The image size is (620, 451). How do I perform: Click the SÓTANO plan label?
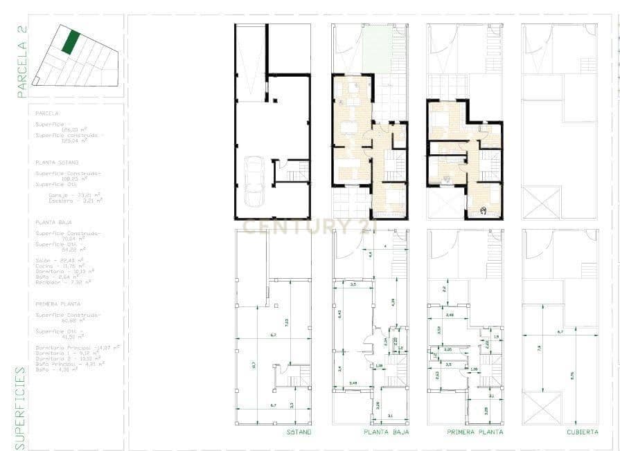(299, 432)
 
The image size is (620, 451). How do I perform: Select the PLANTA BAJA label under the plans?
(387, 432)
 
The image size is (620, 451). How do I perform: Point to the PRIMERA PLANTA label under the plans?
(475, 432)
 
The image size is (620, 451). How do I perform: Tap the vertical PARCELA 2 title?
(22, 61)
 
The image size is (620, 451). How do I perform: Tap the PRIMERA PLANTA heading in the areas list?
(57, 304)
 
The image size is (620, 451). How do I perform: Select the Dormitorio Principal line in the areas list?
(76, 347)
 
